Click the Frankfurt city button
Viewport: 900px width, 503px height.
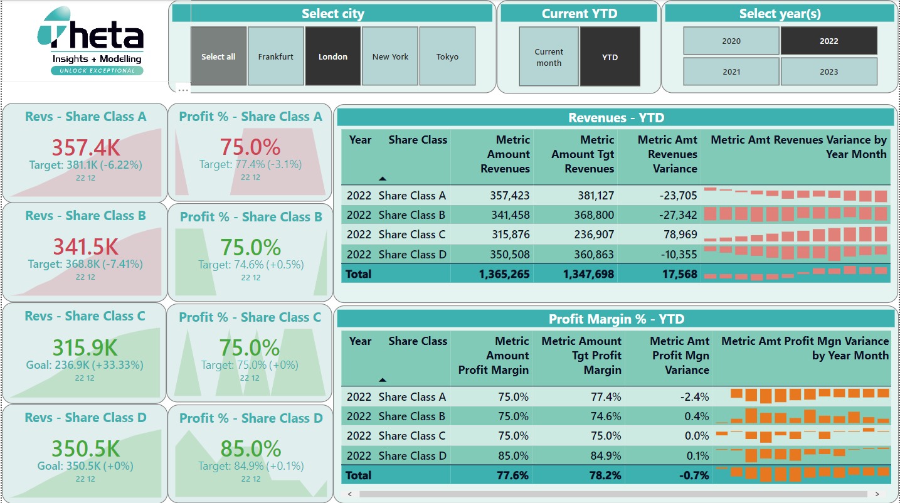[276, 56]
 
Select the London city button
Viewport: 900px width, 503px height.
[332, 56]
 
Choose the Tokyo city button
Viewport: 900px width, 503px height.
[447, 56]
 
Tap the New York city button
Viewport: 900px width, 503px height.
[390, 56]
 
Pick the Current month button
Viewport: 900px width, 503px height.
[549, 57]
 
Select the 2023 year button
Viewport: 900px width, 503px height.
[829, 71]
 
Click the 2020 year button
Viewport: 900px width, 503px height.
[731, 41]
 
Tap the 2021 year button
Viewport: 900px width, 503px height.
[731, 71]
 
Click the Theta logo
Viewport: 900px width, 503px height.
[91, 41]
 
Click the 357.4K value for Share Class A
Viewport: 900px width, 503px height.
[85, 147]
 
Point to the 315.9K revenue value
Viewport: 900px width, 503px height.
[85, 348]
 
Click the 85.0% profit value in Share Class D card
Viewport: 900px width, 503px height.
[250, 449]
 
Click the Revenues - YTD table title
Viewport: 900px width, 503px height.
[615, 118]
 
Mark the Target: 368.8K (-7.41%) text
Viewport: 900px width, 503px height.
[85, 264]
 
